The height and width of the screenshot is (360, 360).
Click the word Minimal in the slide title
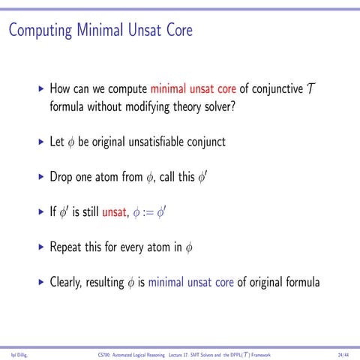click(x=100, y=31)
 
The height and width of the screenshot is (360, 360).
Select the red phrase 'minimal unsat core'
click(x=193, y=88)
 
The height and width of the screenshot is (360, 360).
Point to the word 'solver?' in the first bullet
click(x=217, y=106)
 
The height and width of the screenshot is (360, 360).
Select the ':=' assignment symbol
click(x=156, y=212)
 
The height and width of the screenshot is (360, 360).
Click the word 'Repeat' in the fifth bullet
click(x=66, y=247)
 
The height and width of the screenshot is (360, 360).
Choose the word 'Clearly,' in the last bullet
click(x=70, y=283)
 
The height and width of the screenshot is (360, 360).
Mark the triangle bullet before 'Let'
click(x=40, y=141)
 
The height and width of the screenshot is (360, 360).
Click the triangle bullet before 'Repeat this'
click(x=40, y=247)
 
